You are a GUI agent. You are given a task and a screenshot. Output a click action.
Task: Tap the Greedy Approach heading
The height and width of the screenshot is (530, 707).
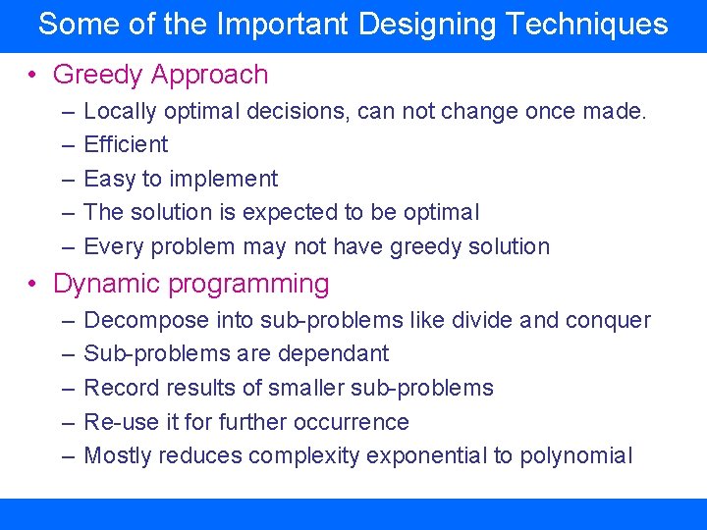pyautogui.click(x=160, y=75)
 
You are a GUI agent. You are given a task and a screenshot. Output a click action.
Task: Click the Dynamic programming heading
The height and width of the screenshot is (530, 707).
pyautogui.click(x=190, y=285)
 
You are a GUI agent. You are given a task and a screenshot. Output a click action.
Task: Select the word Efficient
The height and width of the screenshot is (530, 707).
pyautogui.click(x=126, y=145)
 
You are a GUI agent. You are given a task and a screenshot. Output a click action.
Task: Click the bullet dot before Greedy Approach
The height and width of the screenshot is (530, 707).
pyautogui.click(x=33, y=76)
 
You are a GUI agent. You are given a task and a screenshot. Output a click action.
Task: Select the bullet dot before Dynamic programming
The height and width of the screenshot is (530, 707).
pyautogui.click(x=33, y=286)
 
